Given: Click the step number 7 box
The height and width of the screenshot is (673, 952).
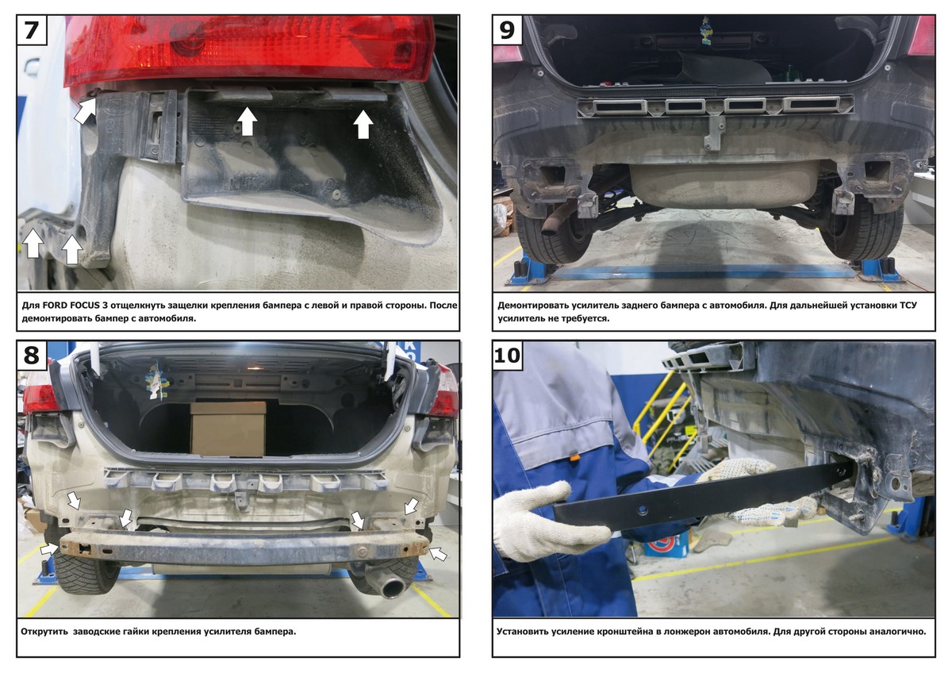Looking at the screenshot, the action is coord(32,29).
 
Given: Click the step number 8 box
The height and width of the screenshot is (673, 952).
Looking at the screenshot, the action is coord(32,355).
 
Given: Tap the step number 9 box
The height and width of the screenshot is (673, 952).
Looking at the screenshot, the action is coord(507,29).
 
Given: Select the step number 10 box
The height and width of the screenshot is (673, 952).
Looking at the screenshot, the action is coord(508,355).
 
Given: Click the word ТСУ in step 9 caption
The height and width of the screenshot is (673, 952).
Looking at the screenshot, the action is coord(908,306).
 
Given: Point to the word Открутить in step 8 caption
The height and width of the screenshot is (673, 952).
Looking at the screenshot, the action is coord(44,632).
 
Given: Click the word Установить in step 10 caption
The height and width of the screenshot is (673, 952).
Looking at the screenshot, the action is coord(522,632).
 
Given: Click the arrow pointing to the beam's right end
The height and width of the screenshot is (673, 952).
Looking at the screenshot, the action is coord(439,554).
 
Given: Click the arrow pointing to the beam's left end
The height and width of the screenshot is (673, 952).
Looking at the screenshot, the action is coord(49,548).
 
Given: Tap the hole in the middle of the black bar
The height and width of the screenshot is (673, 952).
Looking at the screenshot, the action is coord(642,509).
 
